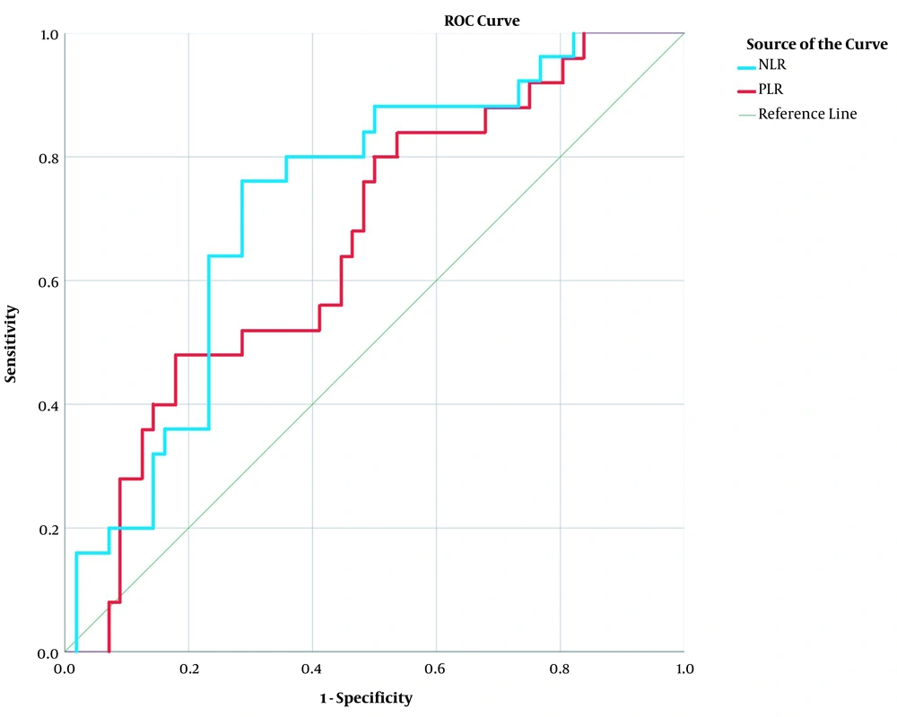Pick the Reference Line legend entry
806,114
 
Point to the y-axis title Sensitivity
13,343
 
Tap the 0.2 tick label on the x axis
188,669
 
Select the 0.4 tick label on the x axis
312,669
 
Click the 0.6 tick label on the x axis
436,669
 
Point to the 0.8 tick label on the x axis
560,669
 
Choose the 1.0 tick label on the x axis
684,669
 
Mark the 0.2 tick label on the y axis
48,529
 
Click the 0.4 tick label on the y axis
48,405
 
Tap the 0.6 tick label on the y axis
48,281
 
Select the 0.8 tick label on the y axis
48,158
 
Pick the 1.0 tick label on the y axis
48,34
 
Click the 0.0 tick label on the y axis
48,652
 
